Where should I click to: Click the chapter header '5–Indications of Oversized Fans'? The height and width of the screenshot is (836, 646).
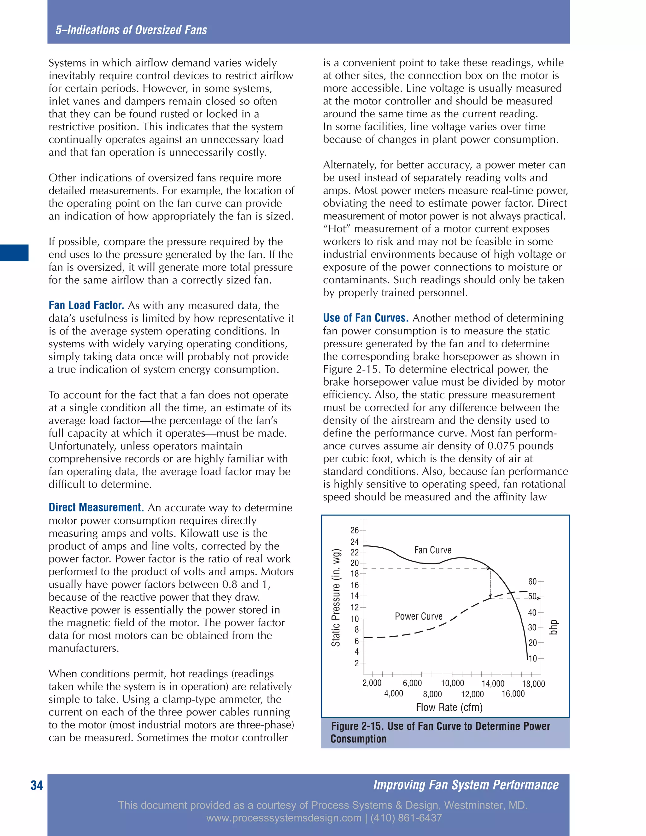[x=131, y=30]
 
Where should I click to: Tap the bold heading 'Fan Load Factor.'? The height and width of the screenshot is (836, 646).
[x=86, y=305]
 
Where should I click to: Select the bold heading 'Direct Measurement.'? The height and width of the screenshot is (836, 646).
[x=96, y=507]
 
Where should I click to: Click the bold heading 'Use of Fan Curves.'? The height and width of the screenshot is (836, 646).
[x=366, y=318]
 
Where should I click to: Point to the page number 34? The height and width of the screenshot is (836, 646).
[x=37, y=786]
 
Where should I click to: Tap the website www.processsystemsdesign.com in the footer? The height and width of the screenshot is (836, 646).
[x=284, y=818]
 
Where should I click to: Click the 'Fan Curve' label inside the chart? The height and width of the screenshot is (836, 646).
[x=432, y=550]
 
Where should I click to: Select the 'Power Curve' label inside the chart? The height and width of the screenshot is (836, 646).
[x=418, y=616]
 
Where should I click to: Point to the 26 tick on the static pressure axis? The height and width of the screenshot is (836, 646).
[x=354, y=530]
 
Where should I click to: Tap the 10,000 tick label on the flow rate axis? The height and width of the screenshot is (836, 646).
[x=452, y=683]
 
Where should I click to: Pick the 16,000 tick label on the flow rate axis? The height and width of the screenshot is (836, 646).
[x=513, y=694]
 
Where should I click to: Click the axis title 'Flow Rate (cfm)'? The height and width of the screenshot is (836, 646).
[x=449, y=707]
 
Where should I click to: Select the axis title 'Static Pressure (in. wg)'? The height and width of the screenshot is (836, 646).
[x=336, y=598]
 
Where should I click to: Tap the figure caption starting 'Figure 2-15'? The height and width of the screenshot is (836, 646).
[x=440, y=732]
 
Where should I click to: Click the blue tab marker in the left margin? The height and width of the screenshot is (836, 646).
[x=14, y=253]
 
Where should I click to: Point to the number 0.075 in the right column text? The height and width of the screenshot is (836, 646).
[x=501, y=446]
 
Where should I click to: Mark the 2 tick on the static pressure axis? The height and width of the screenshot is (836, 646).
[x=356, y=663]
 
